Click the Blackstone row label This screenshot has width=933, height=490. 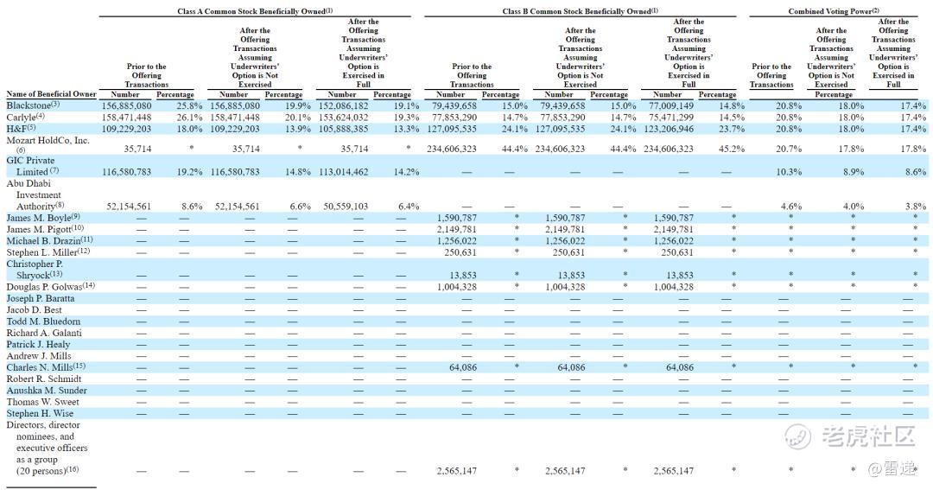30,105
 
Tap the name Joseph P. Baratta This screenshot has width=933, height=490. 41,298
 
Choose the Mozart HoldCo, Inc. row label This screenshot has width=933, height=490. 48,140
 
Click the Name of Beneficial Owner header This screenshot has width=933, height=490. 51,94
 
